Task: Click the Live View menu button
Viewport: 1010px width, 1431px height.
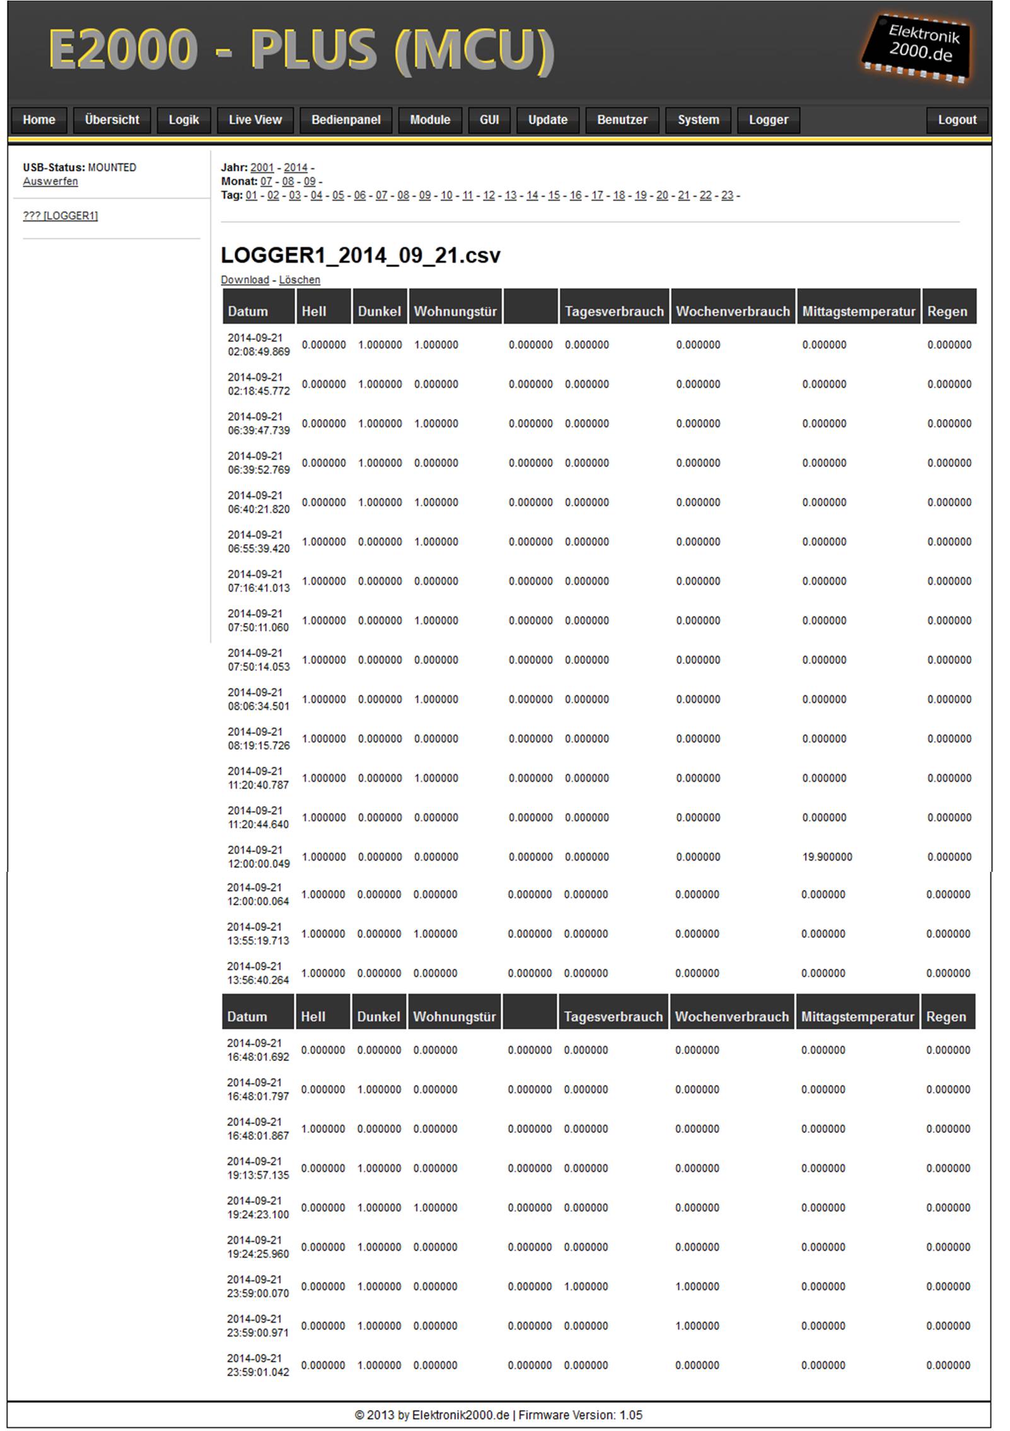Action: coord(255,120)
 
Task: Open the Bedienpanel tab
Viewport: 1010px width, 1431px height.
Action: coord(345,120)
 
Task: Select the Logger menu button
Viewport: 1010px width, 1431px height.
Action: coord(768,120)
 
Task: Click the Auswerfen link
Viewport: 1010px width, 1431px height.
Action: coord(50,182)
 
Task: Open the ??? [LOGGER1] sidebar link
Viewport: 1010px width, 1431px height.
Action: coord(61,216)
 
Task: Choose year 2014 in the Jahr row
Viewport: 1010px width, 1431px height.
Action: coord(295,168)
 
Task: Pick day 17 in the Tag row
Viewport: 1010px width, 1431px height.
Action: coord(597,195)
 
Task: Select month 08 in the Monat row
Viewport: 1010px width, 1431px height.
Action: coord(287,182)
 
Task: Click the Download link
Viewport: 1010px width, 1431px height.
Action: coord(245,280)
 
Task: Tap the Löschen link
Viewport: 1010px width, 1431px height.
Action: coord(299,280)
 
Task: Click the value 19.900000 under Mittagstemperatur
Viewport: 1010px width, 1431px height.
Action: coord(827,857)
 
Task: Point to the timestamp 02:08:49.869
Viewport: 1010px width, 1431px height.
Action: coord(258,352)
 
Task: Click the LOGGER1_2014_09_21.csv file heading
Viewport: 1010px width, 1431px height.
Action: coord(360,255)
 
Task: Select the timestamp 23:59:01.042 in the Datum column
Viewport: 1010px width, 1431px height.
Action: coord(258,1372)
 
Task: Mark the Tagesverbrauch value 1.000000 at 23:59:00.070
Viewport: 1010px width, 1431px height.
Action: coord(586,1286)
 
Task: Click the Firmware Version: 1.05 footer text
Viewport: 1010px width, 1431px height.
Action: coord(580,1415)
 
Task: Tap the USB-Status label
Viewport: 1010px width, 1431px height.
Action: coord(54,168)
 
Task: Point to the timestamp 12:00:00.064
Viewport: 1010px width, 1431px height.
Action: coord(258,901)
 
